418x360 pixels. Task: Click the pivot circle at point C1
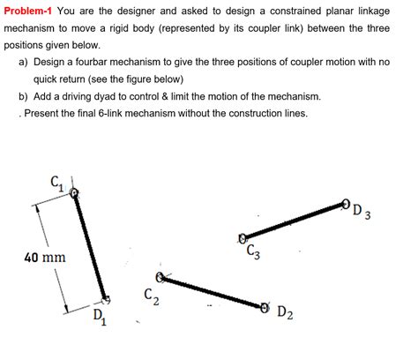point(75,191)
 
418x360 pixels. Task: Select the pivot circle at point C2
point(162,277)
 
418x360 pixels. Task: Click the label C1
point(57,184)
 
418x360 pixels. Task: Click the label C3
point(253,253)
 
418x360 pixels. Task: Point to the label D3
point(360,211)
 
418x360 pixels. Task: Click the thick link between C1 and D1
point(90,244)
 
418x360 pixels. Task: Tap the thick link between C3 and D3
point(293,221)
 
